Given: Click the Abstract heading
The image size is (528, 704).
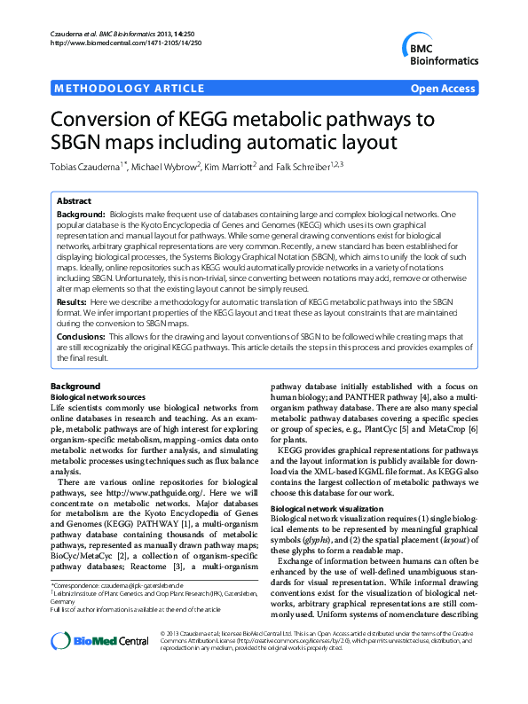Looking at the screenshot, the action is [x=75, y=202].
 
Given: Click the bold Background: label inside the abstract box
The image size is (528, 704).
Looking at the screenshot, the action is [x=80, y=215].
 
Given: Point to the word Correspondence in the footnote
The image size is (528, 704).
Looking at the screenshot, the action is [x=79, y=587].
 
